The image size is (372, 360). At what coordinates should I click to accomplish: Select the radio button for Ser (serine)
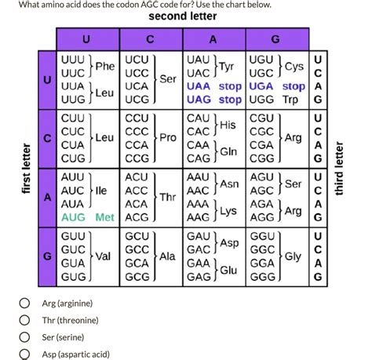click(x=24, y=337)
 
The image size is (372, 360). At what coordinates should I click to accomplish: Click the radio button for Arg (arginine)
click(x=24, y=303)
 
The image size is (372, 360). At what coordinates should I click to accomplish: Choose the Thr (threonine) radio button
click(x=24, y=320)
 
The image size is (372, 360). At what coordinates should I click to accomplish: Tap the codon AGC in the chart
click(x=262, y=191)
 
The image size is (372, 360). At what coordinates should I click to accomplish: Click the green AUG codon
click(x=73, y=217)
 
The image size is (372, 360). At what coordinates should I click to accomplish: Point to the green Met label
click(x=104, y=217)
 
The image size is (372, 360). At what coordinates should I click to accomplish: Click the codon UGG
click(x=261, y=100)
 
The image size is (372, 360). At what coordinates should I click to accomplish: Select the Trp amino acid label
click(x=290, y=100)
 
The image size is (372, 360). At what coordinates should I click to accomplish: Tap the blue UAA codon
click(x=199, y=86)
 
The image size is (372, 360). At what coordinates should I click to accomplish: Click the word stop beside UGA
click(x=294, y=86)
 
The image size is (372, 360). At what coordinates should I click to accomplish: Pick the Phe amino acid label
click(x=105, y=66)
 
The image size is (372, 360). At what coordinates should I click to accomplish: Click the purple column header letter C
click(x=150, y=39)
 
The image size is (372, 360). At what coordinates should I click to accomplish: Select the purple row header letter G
click(x=47, y=256)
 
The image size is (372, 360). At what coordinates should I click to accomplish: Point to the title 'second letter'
click(x=183, y=16)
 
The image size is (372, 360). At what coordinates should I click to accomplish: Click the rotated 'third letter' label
click(x=339, y=169)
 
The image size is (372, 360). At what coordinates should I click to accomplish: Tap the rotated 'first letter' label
click(x=26, y=169)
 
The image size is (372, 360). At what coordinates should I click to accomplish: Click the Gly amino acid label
click(x=293, y=256)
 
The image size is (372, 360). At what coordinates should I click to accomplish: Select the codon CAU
click(x=199, y=118)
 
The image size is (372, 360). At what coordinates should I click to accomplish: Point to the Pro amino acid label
click(x=168, y=137)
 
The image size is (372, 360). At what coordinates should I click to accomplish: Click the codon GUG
click(x=74, y=277)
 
